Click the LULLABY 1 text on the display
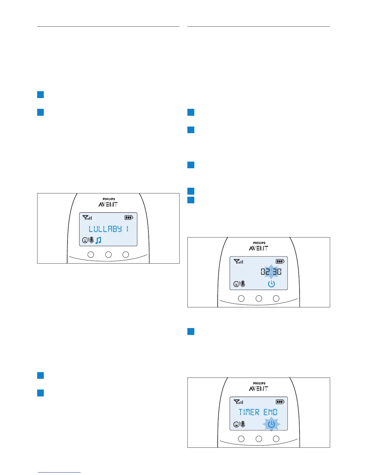[109, 229]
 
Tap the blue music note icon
[98, 240]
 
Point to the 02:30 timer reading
[271, 272]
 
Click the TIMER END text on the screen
[258, 412]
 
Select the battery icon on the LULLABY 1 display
[129, 217]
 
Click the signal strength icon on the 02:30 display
[239, 261]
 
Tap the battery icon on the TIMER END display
[280, 402]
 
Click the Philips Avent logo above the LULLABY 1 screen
[108, 202]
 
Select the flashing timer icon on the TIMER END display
[271, 424]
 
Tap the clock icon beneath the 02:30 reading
[271, 284]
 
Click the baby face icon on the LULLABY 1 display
[85, 240]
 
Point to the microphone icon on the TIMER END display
[243, 424]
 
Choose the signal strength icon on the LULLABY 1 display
[88, 218]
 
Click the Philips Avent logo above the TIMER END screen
[259, 387]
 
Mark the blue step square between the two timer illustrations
[191, 331]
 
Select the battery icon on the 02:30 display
[280, 261]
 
